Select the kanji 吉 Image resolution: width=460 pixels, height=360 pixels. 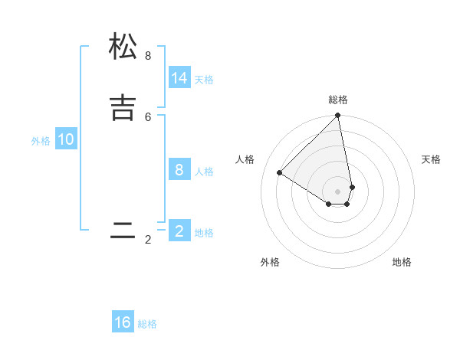(123, 106)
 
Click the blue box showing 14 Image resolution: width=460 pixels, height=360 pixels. (179, 78)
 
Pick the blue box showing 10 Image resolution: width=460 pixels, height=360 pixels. (66, 139)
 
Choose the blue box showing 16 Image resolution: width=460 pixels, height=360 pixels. (123, 322)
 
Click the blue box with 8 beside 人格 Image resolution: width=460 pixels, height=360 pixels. (179, 170)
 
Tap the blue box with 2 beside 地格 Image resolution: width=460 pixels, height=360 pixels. (179, 231)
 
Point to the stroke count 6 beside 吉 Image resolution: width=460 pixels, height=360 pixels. (148, 116)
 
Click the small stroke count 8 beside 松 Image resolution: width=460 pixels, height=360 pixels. (148, 56)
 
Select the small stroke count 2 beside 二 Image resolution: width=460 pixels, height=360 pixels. (148, 240)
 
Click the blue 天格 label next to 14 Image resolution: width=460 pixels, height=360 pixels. (204, 80)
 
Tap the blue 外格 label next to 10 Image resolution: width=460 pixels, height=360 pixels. (41, 141)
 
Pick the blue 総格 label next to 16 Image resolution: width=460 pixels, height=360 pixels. (147, 324)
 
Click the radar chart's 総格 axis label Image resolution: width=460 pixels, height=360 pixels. (338, 100)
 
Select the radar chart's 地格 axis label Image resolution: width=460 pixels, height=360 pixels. (402, 262)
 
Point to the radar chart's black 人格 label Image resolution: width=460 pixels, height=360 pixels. (245, 159)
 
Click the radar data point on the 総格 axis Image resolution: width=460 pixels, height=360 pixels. (337, 116)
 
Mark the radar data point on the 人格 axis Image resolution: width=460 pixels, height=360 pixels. (280, 172)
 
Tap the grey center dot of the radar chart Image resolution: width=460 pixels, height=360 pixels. (337, 191)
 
